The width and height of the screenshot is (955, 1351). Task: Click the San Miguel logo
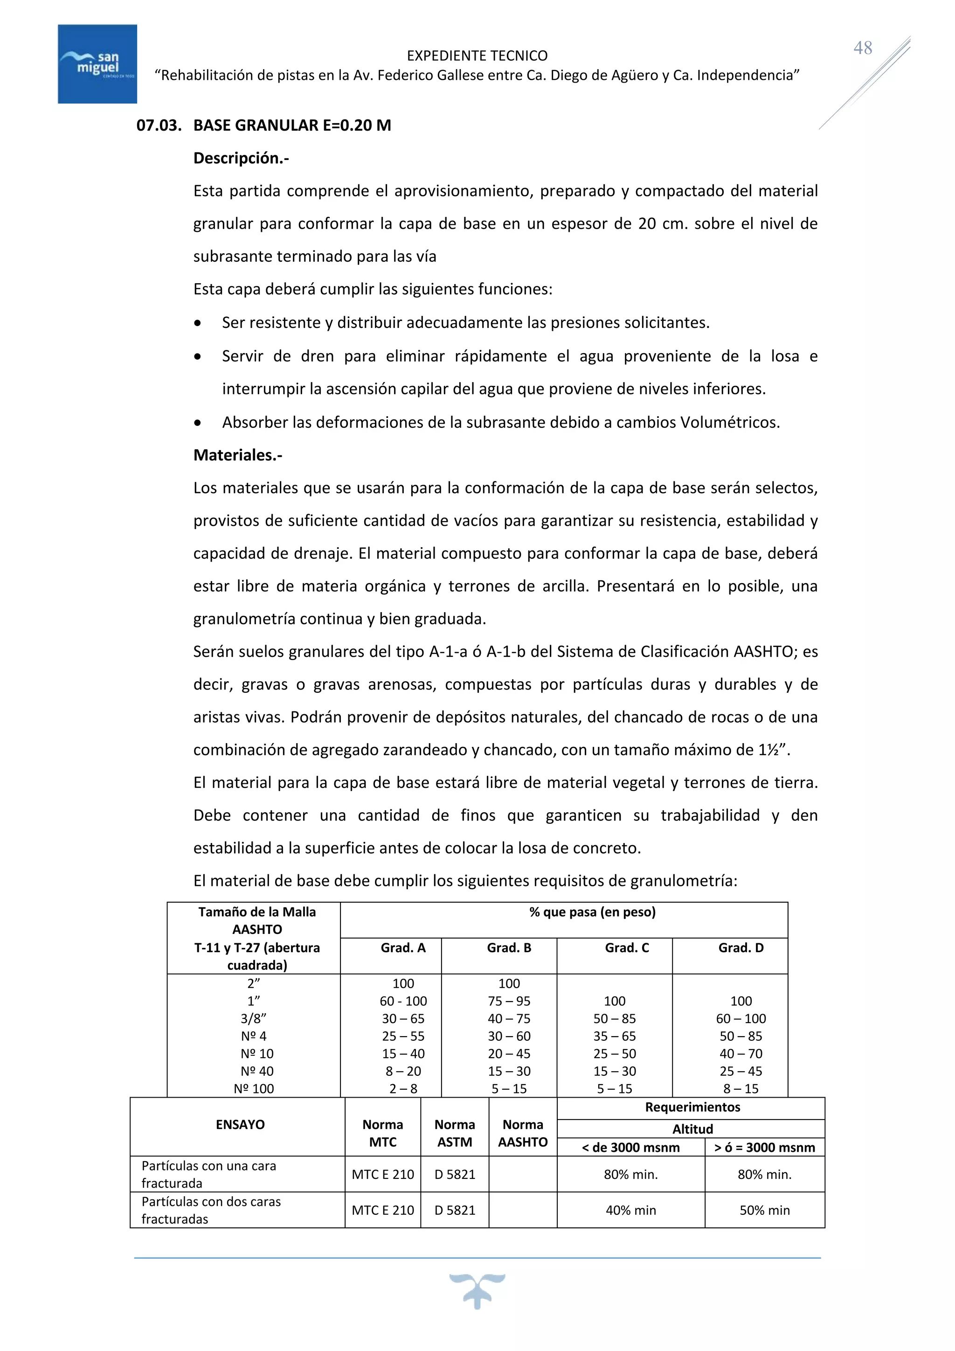[97, 63]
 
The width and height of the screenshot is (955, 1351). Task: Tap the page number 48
[863, 48]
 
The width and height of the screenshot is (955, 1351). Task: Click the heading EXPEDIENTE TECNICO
[477, 56]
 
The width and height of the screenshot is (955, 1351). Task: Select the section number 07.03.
[158, 125]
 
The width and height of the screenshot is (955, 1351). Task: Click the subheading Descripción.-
[241, 158]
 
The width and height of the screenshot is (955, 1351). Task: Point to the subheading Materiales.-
[237, 455]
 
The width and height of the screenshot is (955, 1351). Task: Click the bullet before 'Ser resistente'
[198, 323]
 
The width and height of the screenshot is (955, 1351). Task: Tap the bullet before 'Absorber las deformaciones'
[198, 423]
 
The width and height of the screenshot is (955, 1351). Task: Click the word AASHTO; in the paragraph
[766, 651]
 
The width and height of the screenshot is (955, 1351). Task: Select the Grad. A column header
[403, 947]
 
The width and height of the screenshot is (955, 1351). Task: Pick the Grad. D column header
[741, 947]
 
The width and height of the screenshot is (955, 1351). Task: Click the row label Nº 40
[257, 1071]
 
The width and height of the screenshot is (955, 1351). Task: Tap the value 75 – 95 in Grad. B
[509, 1001]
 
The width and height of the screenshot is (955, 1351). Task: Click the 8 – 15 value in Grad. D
[741, 1088]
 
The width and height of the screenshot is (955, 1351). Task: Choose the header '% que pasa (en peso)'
[592, 912]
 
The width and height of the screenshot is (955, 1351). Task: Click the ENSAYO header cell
[240, 1124]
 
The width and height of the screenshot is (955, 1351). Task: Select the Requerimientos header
[692, 1107]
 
